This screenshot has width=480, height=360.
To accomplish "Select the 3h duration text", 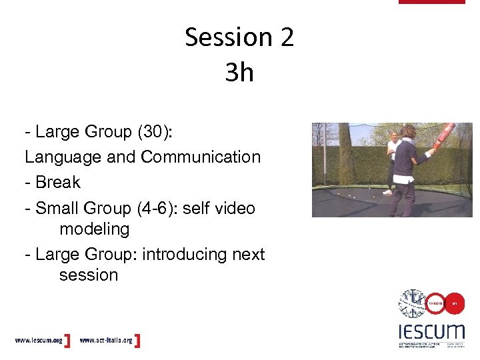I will coord(239,73).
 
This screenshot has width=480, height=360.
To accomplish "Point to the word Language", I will coord(59,157).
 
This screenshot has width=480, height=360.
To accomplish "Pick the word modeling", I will coord(94,229).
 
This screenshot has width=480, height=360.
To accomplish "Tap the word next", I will coord(250,255).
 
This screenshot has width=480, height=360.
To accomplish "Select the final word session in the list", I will coord(88,275).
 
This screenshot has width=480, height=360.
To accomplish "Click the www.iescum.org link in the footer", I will coord(39,341).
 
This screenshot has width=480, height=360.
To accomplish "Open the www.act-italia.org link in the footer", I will coord(107,341).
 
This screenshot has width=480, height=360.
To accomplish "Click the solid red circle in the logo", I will coord(454,303).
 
